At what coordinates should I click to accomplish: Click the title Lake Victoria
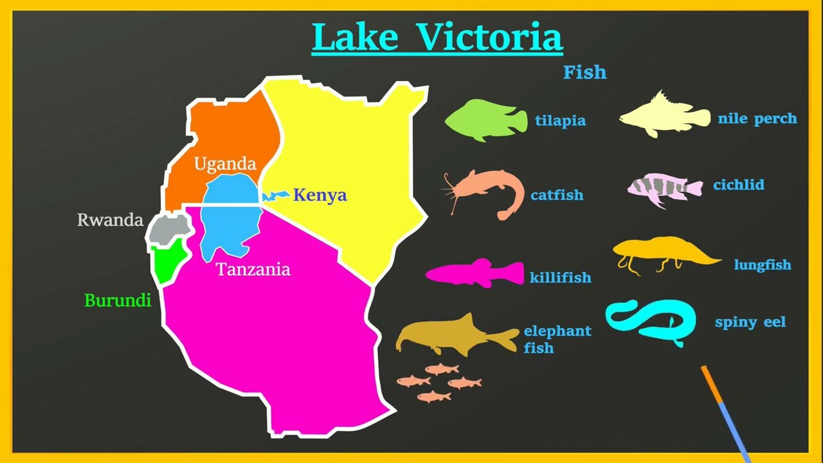click(x=437, y=37)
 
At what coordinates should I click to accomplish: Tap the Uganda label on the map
click(x=225, y=164)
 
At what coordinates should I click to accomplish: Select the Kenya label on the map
click(x=320, y=195)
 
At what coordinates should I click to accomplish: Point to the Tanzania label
click(x=253, y=269)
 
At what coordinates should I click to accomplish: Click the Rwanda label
click(x=110, y=220)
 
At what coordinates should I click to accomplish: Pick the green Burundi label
click(x=118, y=300)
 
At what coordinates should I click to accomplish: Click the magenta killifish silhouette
click(x=476, y=273)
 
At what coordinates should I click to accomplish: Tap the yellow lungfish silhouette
click(x=662, y=251)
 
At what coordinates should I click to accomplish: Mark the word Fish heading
click(x=584, y=72)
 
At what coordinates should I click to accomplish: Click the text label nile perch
click(x=757, y=118)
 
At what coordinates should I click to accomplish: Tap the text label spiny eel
click(x=750, y=322)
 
